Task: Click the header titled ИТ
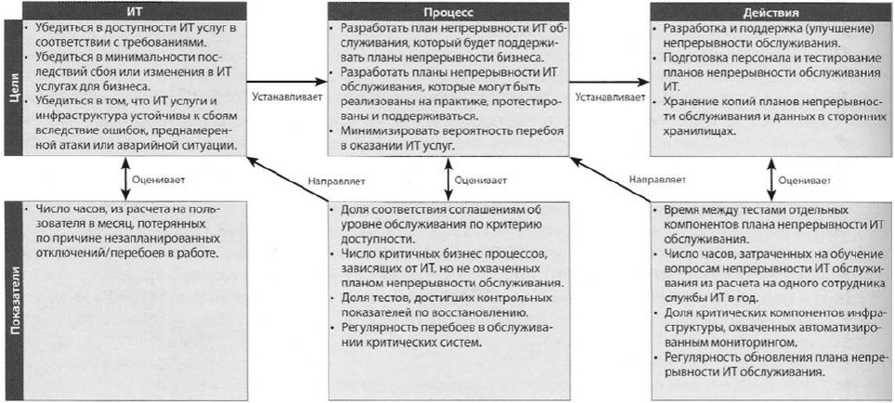(135, 11)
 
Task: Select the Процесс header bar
(449, 11)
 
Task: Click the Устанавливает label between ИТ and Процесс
(287, 97)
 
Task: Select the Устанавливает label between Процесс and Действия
(610, 97)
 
